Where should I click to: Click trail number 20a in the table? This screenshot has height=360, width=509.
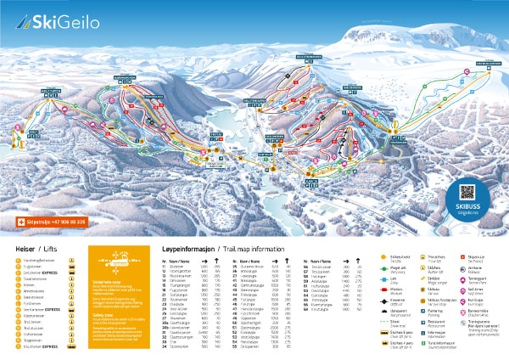pos(165,322)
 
